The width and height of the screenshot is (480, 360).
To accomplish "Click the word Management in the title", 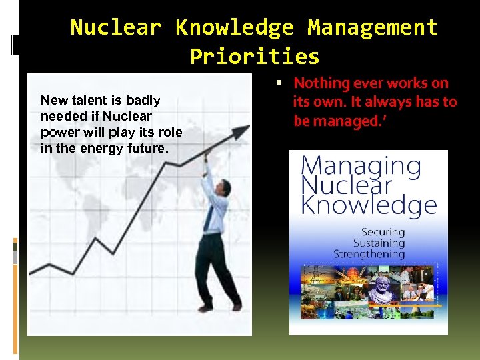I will tap(373, 27).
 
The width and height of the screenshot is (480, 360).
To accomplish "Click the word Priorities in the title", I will tap(254, 56).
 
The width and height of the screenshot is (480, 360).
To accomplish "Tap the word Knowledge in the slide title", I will tap(234, 27).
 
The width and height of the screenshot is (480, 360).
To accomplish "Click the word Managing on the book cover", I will tap(361, 166).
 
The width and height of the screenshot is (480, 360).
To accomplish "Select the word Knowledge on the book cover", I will tap(369, 205).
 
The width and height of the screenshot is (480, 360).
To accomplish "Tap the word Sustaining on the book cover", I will tap(379, 243).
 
